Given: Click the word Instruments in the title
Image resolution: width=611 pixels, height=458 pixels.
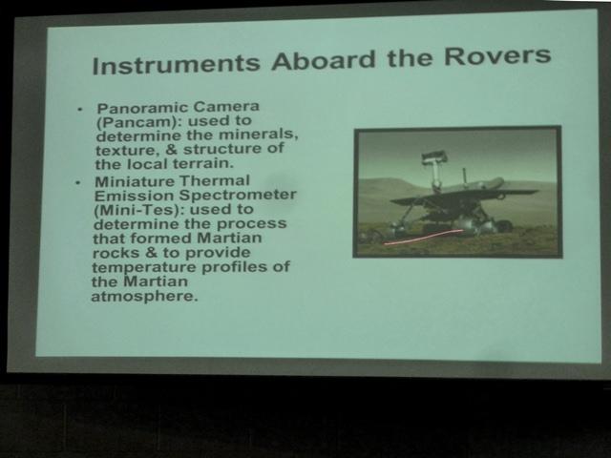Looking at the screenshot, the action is pyautogui.click(x=176, y=65).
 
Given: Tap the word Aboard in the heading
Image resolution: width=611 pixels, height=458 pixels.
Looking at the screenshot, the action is pyautogui.click(x=324, y=60).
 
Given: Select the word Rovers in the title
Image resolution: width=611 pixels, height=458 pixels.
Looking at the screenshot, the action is pyautogui.click(x=497, y=56).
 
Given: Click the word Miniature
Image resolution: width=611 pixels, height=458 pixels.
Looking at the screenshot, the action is pyautogui.click(x=135, y=182).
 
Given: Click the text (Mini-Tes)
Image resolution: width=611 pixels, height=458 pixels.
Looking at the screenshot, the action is pyautogui.click(x=139, y=211).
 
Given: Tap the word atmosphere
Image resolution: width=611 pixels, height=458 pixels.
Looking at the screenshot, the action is pyautogui.click(x=144, y=297).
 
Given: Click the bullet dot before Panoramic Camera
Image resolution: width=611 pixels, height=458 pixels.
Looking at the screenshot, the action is pyautogui.click(x=80, y=110).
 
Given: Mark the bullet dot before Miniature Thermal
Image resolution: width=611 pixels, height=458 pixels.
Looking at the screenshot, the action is pyautogui.click(x=78, y=182).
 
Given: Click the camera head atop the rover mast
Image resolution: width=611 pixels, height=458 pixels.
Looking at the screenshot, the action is pyautogui.click(x=434, y=156).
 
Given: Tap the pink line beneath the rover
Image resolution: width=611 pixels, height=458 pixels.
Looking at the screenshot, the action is pyautogui.click(x=423, y=237).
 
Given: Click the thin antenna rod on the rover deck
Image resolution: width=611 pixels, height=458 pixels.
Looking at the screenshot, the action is pyautogui.click(x=464, y=177).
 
